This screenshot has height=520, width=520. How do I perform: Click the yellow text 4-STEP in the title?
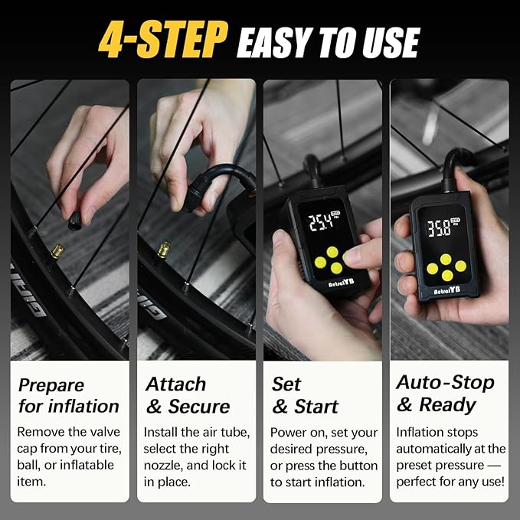pos(163,40)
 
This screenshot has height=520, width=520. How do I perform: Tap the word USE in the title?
pos(391,43)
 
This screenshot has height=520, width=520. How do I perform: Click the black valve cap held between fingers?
pos(74,221)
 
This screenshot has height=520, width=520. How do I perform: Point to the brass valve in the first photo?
pos(58,251)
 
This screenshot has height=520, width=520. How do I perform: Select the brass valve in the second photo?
pos(164,250)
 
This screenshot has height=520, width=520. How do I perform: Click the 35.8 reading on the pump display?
pos(439,228)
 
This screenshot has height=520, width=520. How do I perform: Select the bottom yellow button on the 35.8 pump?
pos(447,275)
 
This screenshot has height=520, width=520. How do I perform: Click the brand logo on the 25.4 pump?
pos(342,283)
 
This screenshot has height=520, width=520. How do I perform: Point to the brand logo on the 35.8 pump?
pos(447,290)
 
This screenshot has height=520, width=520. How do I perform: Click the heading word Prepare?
pos(51,386)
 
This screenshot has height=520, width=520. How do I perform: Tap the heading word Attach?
pos(176,384)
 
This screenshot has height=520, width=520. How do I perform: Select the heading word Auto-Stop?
pos(446,382)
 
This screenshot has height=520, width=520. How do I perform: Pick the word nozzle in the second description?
pos(163,466)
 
